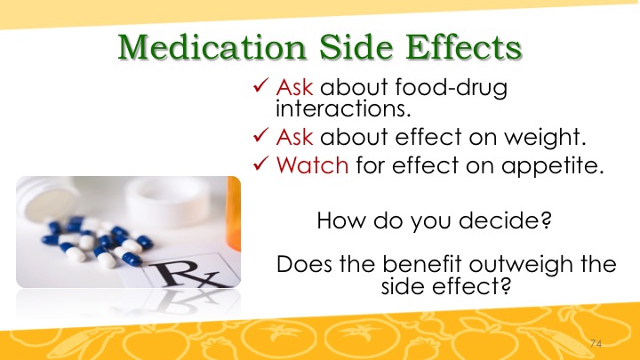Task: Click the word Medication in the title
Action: click(x=212, y=47)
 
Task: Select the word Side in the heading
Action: click(x=356, y=47)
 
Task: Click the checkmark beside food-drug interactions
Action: click(x=260, y=85)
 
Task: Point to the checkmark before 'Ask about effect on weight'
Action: click(x=260, y=135)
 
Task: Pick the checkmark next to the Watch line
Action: click(x=260, y=164)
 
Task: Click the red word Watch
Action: click(x=312, y=165)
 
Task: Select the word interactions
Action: click(x=343, y=108)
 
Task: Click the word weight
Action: click(x=545, y=138)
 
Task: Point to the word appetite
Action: click(x=553, y=166)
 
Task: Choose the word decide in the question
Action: click(x=505, y=220)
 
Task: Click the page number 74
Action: click(x=596, y=344)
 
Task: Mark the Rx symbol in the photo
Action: click(x=187, y=274)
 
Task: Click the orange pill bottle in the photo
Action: click(x=234, y=213)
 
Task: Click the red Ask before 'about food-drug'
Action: click(x=294, y=87)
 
